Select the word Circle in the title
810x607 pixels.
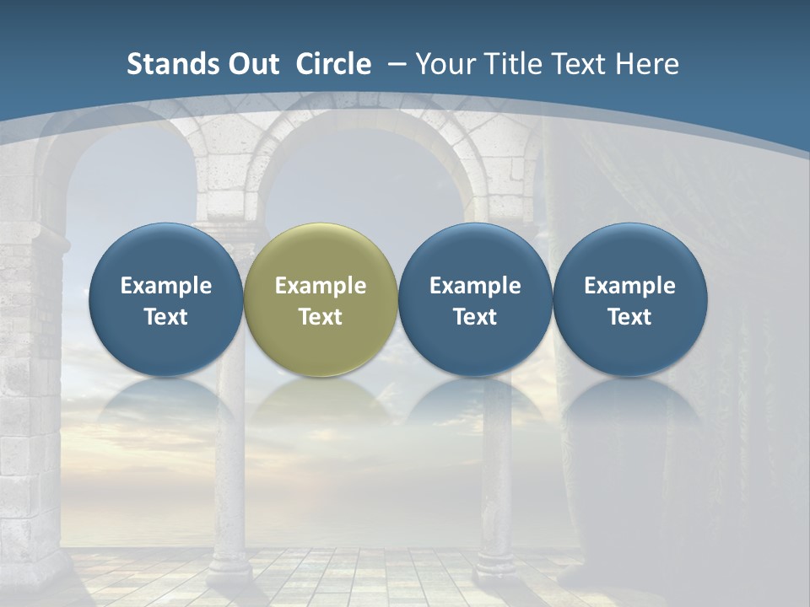(333, 64)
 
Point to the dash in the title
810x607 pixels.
(396, 64)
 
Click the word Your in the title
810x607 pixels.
(444, 64)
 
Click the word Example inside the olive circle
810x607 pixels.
(321, 286)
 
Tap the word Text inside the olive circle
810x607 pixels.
(321, 317)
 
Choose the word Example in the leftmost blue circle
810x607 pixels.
(166, 286)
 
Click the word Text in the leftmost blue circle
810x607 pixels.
(166, 317)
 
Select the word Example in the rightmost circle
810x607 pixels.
(629, 286)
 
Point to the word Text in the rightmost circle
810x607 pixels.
(629, 317)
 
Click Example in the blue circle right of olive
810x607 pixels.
(475, 286)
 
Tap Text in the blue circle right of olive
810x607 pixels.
(475, 317)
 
